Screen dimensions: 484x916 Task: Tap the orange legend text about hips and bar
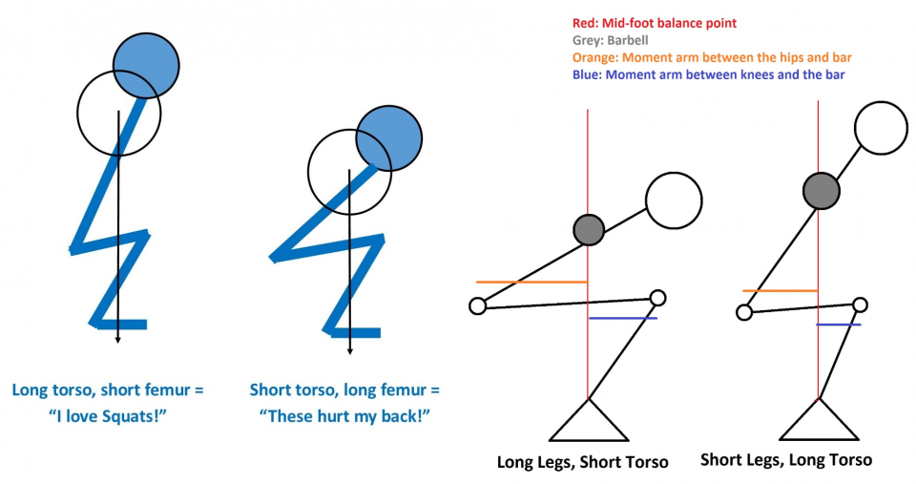coord(709,57)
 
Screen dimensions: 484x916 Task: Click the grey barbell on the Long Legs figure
coord(589,228)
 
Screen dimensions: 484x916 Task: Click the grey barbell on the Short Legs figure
coord(821,190)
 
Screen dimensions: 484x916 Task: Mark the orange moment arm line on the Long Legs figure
coord(531,282)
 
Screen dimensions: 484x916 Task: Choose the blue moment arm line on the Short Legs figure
coord(839,325)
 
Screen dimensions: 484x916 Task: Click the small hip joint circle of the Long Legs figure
coord(478,305)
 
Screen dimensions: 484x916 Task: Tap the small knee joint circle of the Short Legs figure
coord(860,305)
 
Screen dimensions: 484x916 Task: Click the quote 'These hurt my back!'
coord(344,415)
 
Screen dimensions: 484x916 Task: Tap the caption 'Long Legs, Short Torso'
coord(583,462)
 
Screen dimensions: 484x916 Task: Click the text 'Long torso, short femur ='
coord(107,390)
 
